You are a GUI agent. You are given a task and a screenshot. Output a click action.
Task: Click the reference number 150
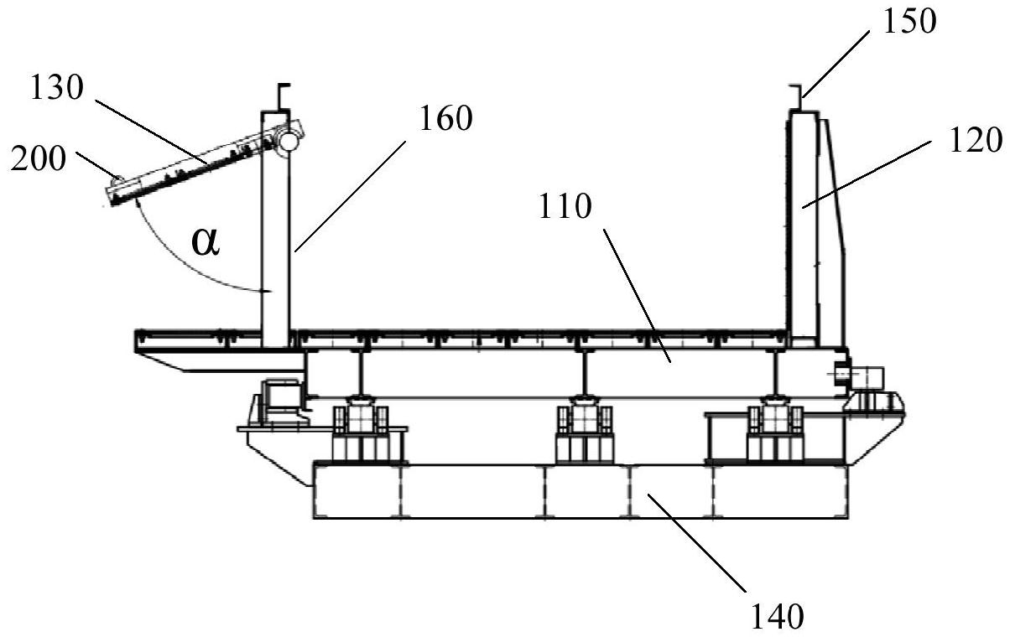tap(910, 21)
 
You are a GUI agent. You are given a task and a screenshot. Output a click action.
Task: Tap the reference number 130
tap(57, 87)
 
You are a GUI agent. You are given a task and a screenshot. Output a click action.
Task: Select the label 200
tap(39, 159)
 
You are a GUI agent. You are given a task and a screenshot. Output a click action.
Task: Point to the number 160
tap(446, 118)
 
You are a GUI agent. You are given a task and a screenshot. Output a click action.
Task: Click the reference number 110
tap(565, 206)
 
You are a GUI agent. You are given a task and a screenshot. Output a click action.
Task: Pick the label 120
tap(976, 140)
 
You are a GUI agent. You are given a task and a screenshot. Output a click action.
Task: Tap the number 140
tap(778, 616)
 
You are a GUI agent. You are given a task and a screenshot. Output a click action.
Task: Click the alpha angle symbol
tap(206, 242)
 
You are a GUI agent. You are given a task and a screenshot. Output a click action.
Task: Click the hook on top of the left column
tap(283, 96)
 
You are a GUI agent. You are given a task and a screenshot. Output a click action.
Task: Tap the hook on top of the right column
tap(796, 97)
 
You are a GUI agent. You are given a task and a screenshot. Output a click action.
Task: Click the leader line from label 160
tap(350, 196)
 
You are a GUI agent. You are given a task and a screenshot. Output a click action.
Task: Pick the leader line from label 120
tap(867, 174)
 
